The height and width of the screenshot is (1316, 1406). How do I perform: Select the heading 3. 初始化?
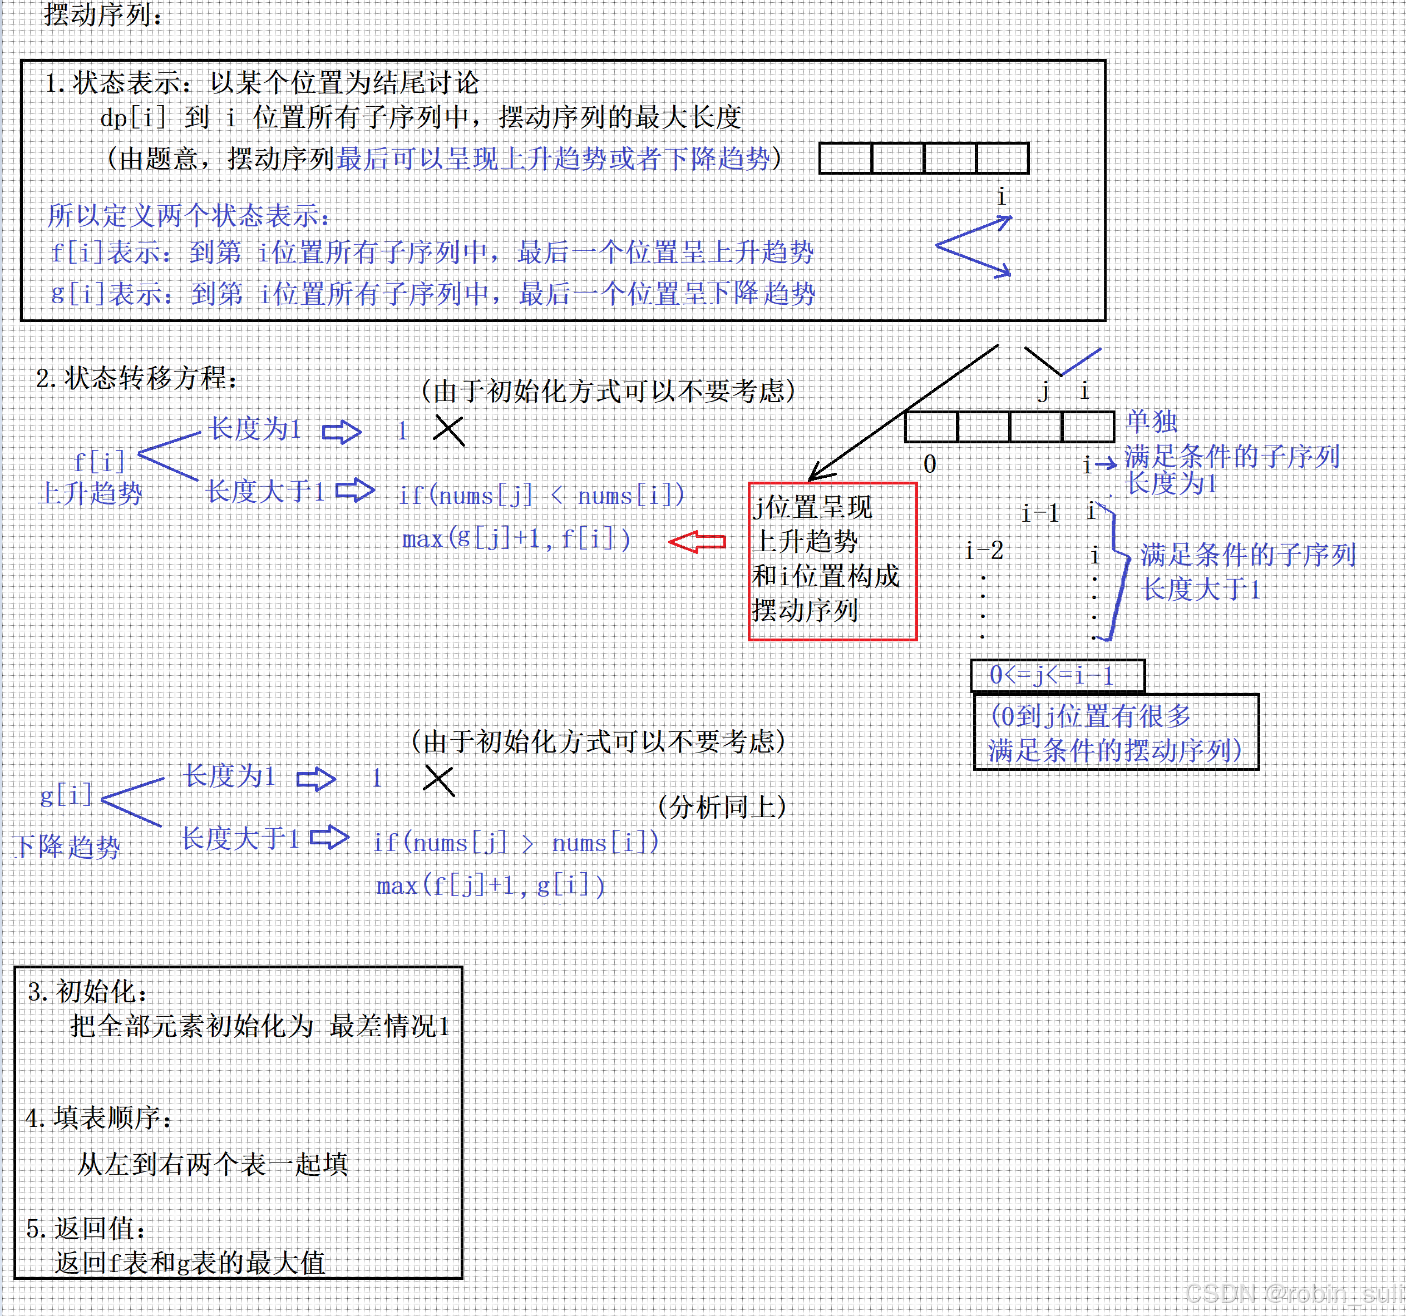pyautogui.click(x=88, y=991)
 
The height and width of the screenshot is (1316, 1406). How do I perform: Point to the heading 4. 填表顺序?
pyautogui.click(x=98, y=1118)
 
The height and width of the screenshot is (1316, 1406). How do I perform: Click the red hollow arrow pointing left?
pyautogui.click(x=697, y=542)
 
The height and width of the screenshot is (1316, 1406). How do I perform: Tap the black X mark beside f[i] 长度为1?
pyautogui.click(x=448, y=430)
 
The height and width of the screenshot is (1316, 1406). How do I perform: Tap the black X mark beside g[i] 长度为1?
pyautogui.click(x=438, y=781)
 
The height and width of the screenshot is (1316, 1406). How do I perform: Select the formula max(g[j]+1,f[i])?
pyautogui.click(x=516, y=539)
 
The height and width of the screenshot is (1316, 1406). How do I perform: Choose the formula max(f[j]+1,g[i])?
pyautogui.click(x=491, y=885)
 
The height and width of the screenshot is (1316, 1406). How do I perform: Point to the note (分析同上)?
pyautogui.click(x=722, y=807)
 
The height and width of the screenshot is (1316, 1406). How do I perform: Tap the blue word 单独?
pyautogui.click(x=1151, y=422)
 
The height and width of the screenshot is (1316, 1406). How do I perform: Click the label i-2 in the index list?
pyautogui.click(x=984, y=550)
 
